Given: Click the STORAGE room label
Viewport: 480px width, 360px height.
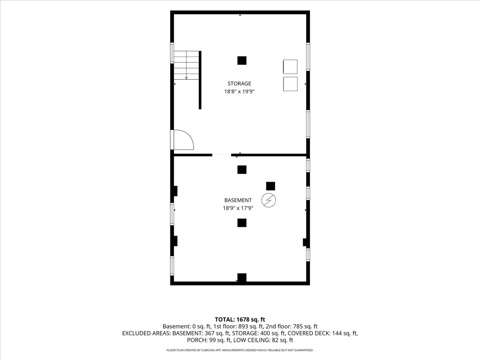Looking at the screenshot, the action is pyautogui.click(x=239, y=84).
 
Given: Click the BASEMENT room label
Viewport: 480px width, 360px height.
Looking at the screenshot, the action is pyautogui.click(x=238, y=200).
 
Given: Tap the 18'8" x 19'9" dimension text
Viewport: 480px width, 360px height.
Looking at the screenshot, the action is pyautogui.click(x=239, y=91).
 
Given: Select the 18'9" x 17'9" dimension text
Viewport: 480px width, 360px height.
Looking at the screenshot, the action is pyautogui.click(x=238, y=208).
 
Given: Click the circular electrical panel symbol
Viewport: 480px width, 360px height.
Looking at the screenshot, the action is pyautogui.click(x=268, y=200).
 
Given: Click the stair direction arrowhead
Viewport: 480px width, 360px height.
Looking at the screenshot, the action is pyautogui.click(x=186, y=78).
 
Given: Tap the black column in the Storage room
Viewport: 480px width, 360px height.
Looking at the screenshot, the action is pyautogui.click(x=242, y=60).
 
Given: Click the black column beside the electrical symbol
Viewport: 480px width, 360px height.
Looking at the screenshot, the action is pyautogui.click(x=270, y=186).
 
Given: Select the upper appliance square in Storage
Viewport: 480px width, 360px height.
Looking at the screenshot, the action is pyautogui.click(x=290, y=67).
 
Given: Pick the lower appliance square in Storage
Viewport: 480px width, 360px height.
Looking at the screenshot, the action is pyautogui.click(x=290, y=84).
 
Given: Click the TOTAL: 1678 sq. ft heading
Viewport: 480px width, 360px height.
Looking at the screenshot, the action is pyautogui.click(x=240, y=320).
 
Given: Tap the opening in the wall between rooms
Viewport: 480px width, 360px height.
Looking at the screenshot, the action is pyautogui.click(x=222, y=155).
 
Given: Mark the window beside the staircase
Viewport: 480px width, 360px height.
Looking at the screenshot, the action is pyautogui.click(x=172, y=53).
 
